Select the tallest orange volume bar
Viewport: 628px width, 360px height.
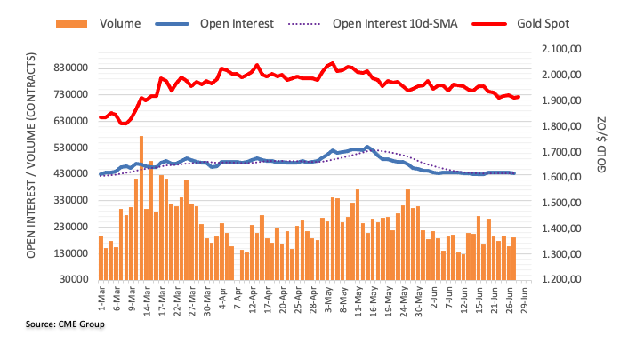click(141, 208)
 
